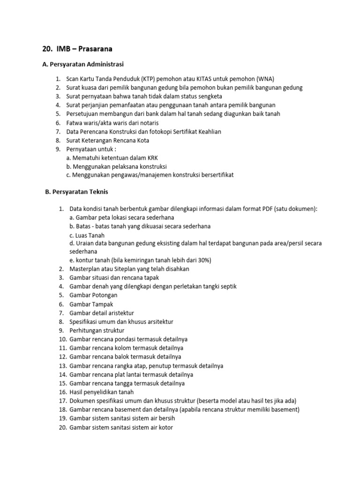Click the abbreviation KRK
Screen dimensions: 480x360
point(153,157)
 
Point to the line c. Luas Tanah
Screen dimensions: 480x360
point(87,235)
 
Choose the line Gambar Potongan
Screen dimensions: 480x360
point(93,295)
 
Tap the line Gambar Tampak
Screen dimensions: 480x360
point(91,304)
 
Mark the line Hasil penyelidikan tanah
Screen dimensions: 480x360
point(102,391)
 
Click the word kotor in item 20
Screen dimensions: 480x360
point(165,427)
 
